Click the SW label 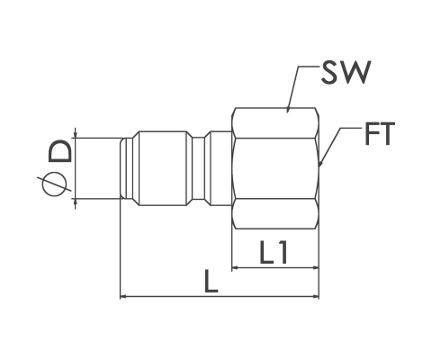(x=346, y=72)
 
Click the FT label (x=379, y=133)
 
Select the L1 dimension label (x=274, y=253)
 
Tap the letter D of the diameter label (x=60, y=151)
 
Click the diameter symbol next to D (x=54, y=184)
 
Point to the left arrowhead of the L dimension (x=123, y=296)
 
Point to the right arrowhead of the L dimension (x=316, y=296)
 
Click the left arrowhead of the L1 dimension (x=236, y=267)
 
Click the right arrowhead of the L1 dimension (x=315, y=267)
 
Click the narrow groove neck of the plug (x=198, y=168)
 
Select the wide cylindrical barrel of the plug (x=163, y=168)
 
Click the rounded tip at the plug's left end (x=122, y=168)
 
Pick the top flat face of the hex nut (x=275, y=122)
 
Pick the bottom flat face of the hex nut (x=275, y=213)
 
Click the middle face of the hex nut (x=275, y=168)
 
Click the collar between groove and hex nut (x=220, y=168)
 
